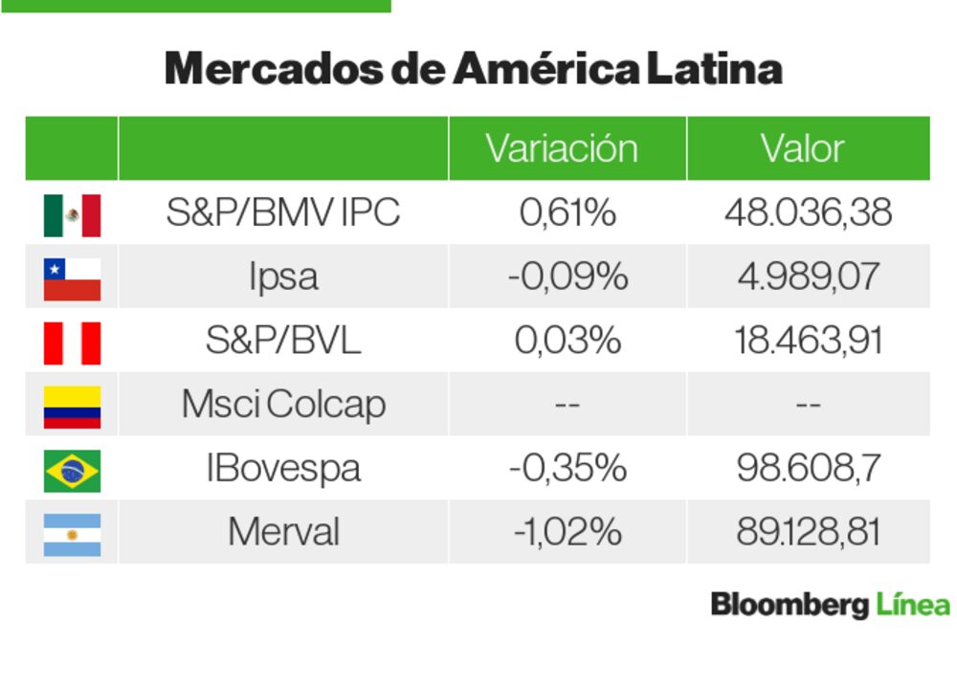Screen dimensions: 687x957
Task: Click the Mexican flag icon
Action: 72,215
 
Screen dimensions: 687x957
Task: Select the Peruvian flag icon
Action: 72,343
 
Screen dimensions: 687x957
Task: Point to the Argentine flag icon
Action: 72,534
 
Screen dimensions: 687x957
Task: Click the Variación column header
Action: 561,148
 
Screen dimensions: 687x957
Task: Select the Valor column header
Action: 802,148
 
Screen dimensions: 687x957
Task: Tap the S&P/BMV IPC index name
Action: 282,212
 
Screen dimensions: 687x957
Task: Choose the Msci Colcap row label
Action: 283,405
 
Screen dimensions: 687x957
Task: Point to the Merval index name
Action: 283,532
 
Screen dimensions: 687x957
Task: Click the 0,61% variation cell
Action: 568,212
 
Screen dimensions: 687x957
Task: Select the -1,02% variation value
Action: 568,532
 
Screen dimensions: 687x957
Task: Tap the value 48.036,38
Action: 808,212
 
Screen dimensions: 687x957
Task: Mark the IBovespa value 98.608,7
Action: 808,469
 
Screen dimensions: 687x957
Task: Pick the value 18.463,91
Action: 808,341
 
